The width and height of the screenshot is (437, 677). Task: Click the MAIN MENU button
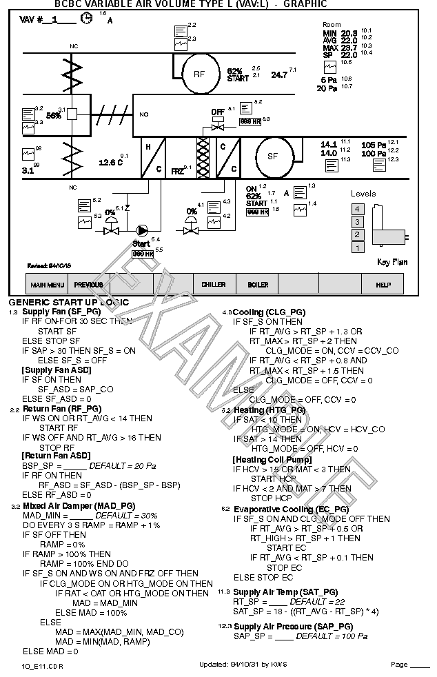(x=47, y=285)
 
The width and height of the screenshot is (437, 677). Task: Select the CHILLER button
(x=214, y=285)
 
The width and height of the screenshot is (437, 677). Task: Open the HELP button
(x=383, y=285)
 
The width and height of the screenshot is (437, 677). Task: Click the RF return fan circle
(x=199, y=74)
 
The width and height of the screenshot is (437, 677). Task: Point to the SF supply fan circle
(x=272, y=156)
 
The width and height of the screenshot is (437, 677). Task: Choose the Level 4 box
(x=357, y=209)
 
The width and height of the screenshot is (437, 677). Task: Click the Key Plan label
(x=392, y=262)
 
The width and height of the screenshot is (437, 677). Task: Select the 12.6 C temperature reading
(x=110, y=163)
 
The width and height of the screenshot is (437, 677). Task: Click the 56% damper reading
(x=54, y=116)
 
